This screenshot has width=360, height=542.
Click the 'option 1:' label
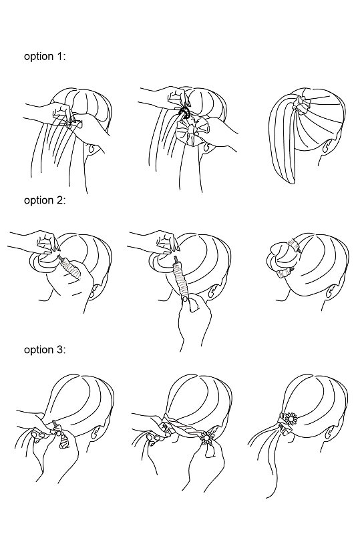click(x=45, y=56)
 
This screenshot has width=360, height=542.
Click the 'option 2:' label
click(x=45, y=200)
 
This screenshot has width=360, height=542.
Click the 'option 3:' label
click(x=45, y=350)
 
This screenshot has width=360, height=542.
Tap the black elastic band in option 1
click(x=184, y=113)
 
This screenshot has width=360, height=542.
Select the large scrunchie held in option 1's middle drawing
click(x=189, y=133)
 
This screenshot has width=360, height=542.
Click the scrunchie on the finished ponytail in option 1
click(x=301, y=105)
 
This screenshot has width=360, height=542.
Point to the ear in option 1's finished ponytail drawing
click(x=325, y=148)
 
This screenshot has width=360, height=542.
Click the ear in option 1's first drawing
click(x=93, y=150)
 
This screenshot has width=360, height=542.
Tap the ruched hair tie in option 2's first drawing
click(x=71, y=268)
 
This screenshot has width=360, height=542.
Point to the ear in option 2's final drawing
click(x=331, y=291)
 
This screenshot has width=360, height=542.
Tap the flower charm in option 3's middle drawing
click(x=207, y=437)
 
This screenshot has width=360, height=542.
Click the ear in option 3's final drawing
click(x=331, y=433)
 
